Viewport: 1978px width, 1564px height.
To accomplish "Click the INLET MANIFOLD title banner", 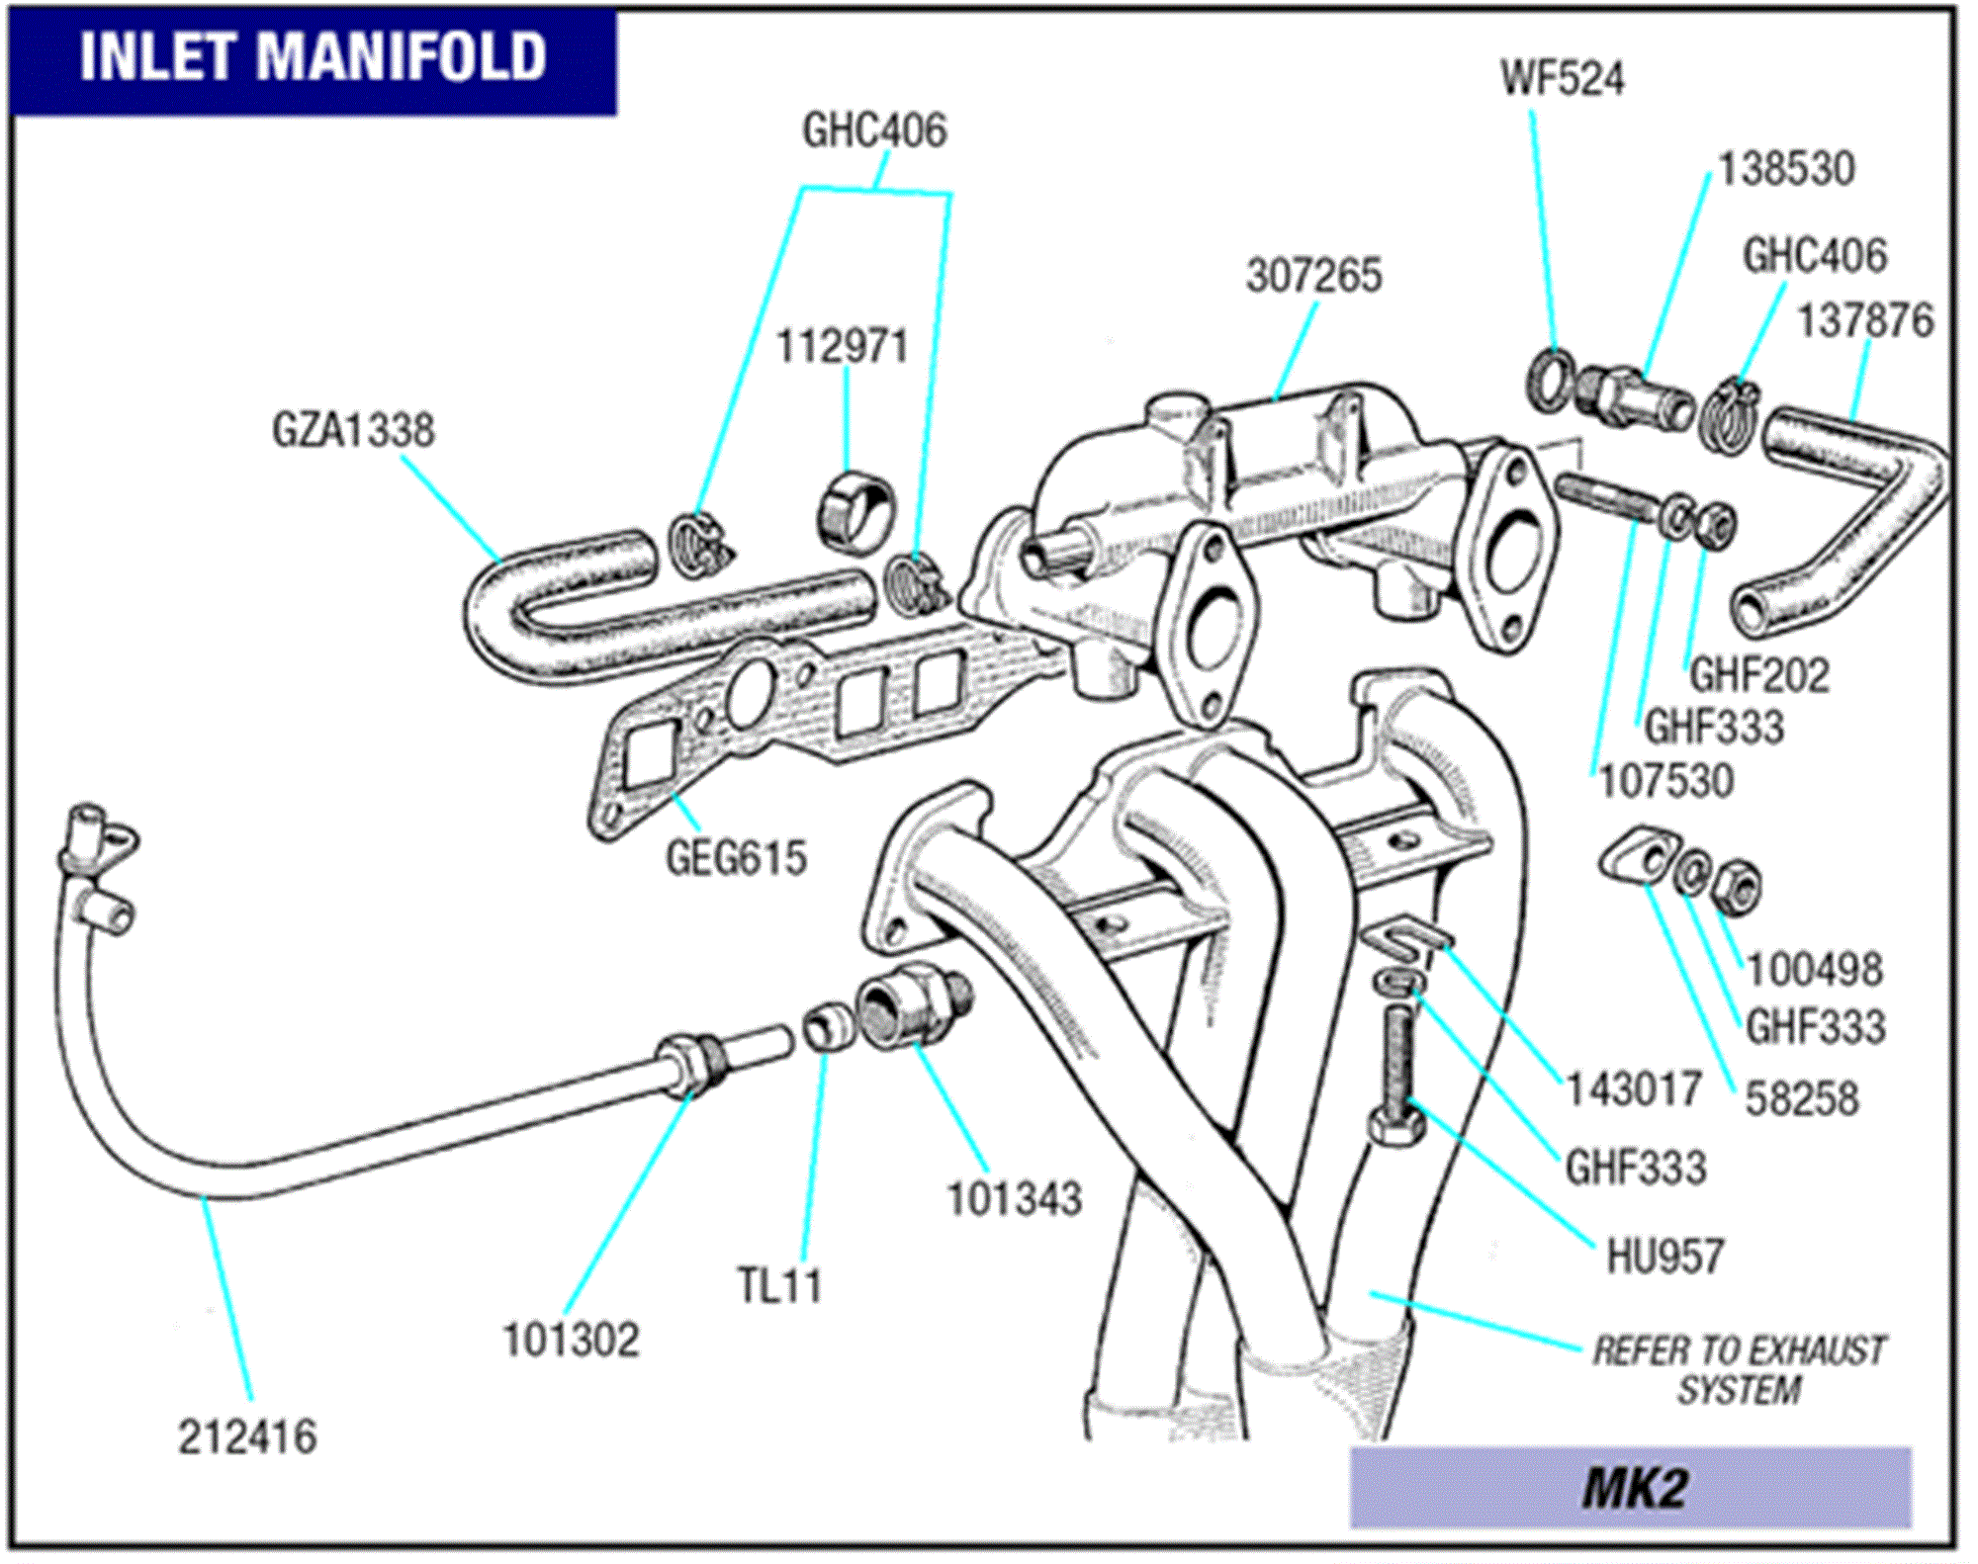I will pos(313,57).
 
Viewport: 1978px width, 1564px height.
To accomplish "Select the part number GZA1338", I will pos(353,431).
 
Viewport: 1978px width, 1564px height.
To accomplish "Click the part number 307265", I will pos(1313,276).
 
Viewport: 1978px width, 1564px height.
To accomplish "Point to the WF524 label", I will pos(1562,79).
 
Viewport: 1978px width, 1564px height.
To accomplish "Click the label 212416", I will pos(247,1437).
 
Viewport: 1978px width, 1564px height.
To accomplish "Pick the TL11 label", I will pos(779,1286).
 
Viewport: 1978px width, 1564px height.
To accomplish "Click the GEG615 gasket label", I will pos(736,858).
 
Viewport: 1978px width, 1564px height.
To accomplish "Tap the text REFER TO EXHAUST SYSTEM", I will pos(1739,1370).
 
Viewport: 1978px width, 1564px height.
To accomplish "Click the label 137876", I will pos(1864,321).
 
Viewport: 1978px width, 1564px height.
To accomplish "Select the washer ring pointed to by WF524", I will pos(1549,380).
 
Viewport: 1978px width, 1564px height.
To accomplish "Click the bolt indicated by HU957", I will pos(1396,1078).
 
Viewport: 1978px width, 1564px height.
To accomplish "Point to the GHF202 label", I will pos(1758,676).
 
